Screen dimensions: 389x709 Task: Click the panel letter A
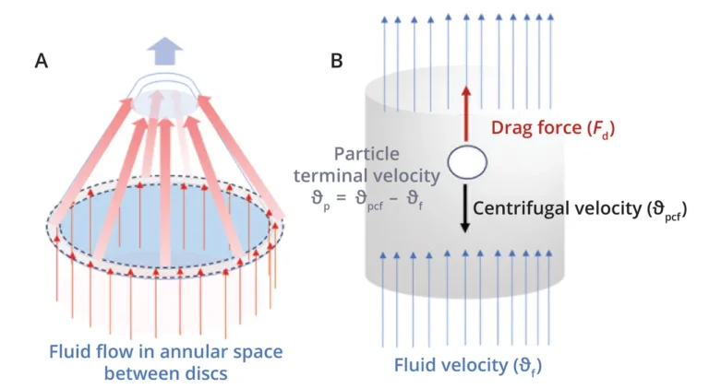click(41, 61)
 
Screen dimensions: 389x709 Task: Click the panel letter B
click(338, 61)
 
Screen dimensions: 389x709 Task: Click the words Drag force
click(527, 130)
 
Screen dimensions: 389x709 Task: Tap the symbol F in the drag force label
click(592, 130)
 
